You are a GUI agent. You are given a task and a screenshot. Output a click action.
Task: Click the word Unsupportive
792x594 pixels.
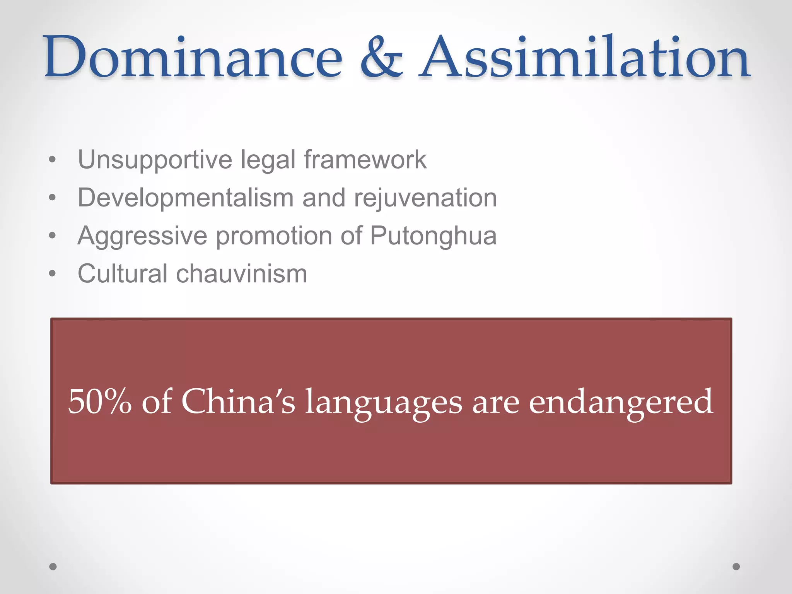(155, 160)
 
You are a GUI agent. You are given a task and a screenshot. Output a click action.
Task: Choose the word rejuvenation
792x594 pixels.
(425, 198)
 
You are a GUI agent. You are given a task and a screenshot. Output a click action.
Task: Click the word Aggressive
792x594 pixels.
(142, 236)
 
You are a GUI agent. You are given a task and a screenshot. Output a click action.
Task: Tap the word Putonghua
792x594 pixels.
(433, 236)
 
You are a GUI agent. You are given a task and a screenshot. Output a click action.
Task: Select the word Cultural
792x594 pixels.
(123, 273)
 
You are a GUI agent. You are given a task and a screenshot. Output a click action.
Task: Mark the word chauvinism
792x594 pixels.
(242, 273)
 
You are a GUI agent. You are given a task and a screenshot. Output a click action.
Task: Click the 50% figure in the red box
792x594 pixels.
(100, 401)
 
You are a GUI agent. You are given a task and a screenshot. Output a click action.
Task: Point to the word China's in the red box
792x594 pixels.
(238, 401)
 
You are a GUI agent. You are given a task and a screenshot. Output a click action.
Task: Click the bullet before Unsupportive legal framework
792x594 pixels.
(53, 160)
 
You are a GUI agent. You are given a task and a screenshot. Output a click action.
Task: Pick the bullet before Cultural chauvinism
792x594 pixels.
(53, 274)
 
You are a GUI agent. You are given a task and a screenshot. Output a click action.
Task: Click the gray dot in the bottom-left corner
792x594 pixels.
(53, 567)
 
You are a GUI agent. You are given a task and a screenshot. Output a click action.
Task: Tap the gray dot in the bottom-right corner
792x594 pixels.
(736, 567)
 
